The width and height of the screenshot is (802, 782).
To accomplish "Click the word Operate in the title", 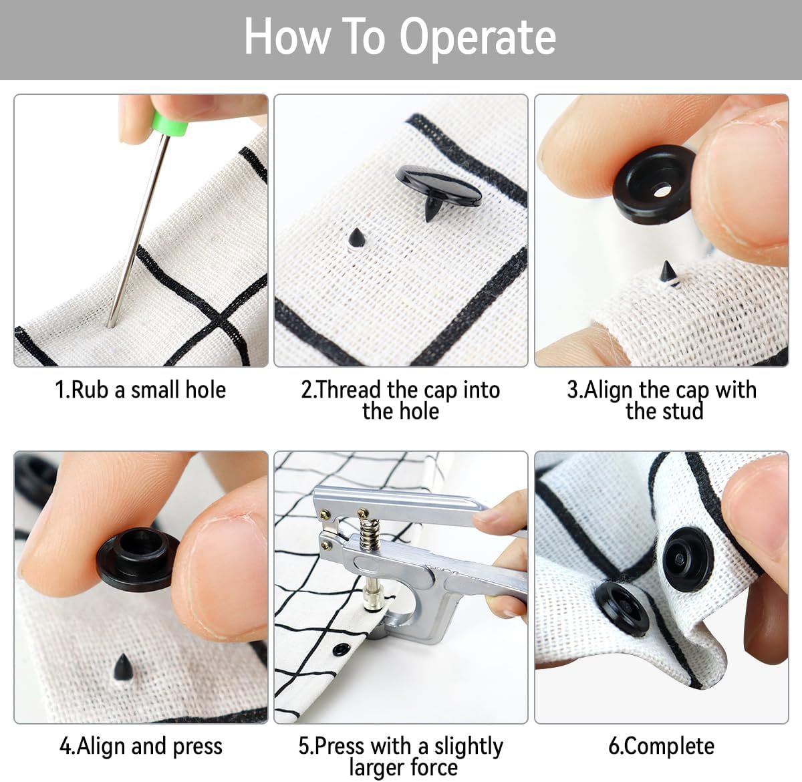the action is (478, 38).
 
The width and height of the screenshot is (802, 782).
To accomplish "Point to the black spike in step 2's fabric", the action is (356, 238).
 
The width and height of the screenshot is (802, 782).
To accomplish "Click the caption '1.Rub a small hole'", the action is (141, 390).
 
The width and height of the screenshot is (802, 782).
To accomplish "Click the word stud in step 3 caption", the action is (684, 411).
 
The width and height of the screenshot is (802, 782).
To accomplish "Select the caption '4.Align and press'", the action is (141, 746).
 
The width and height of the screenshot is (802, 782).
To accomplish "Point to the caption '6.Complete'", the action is (662, 746).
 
